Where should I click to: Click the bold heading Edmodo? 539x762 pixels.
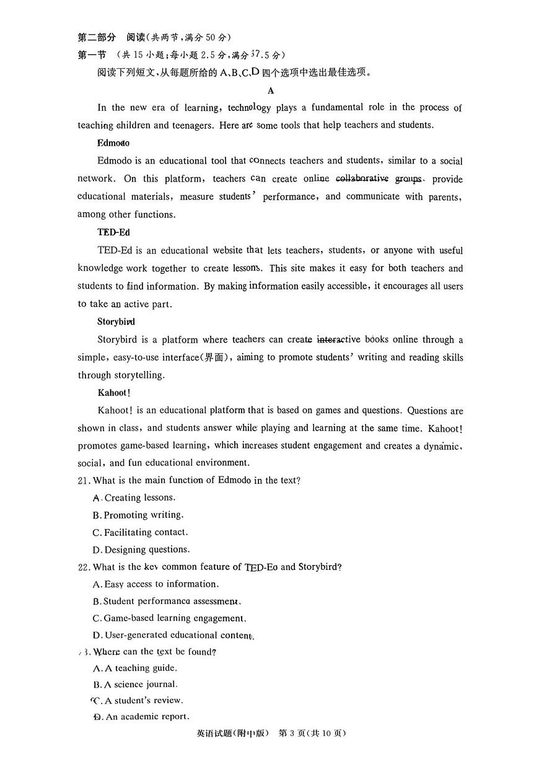113,143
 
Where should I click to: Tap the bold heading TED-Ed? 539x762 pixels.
113,232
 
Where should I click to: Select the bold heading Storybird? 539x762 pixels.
116,322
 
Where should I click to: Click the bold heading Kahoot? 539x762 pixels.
114,393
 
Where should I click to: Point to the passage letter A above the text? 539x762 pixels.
271,90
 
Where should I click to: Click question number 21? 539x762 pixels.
84,480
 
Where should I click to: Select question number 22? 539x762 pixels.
84,567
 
